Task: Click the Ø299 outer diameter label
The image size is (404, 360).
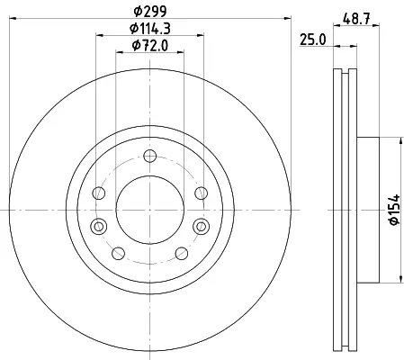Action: coord(149,12)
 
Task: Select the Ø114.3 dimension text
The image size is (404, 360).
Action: coord(150,29)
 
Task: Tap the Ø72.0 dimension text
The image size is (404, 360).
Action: coord(150,46)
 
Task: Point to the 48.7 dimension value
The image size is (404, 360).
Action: coord(356,19)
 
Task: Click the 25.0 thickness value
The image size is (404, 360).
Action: coord(312,40)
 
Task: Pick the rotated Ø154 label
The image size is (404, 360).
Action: coord(394,210)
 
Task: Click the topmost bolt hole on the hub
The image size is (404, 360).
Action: coord(150,156)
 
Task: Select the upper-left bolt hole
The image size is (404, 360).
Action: coord(99,193)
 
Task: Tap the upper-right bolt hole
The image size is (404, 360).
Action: coord(201,193)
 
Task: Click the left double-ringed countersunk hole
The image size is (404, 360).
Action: coord(99,226)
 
